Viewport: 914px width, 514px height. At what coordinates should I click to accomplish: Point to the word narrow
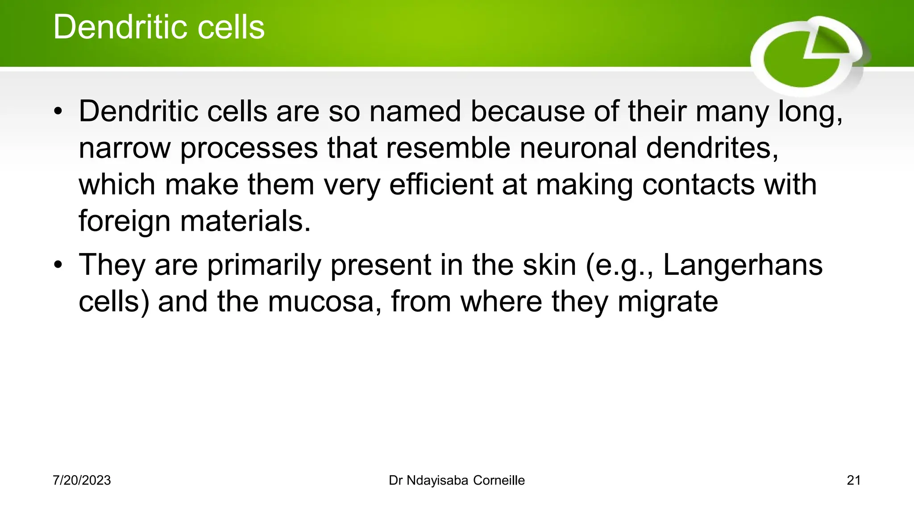point(125,148)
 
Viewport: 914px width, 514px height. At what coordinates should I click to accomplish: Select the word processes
point(249,148)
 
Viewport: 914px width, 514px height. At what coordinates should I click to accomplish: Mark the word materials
point(245,221)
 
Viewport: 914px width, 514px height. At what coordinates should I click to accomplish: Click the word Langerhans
point(743,265)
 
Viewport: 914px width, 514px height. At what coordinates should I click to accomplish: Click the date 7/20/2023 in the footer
point(82,481)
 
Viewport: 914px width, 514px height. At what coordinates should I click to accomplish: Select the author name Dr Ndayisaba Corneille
point(457,481)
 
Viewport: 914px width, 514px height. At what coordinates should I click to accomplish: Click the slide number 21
point(853,481)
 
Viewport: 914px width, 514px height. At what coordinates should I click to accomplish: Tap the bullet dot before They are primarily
point(58,265)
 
